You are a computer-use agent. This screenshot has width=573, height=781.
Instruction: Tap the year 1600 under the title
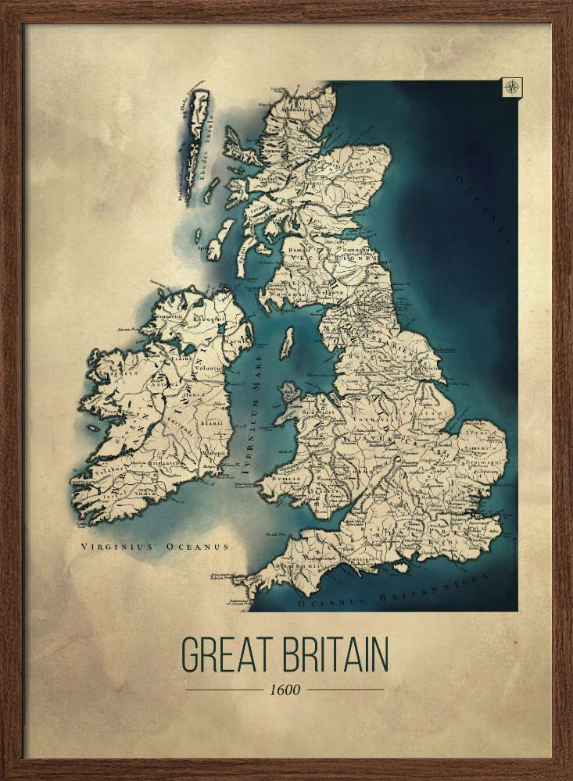point(285,690)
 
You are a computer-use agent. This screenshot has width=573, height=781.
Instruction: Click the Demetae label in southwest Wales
point(285,477)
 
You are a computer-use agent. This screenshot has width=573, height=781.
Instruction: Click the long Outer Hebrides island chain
point(195,144)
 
